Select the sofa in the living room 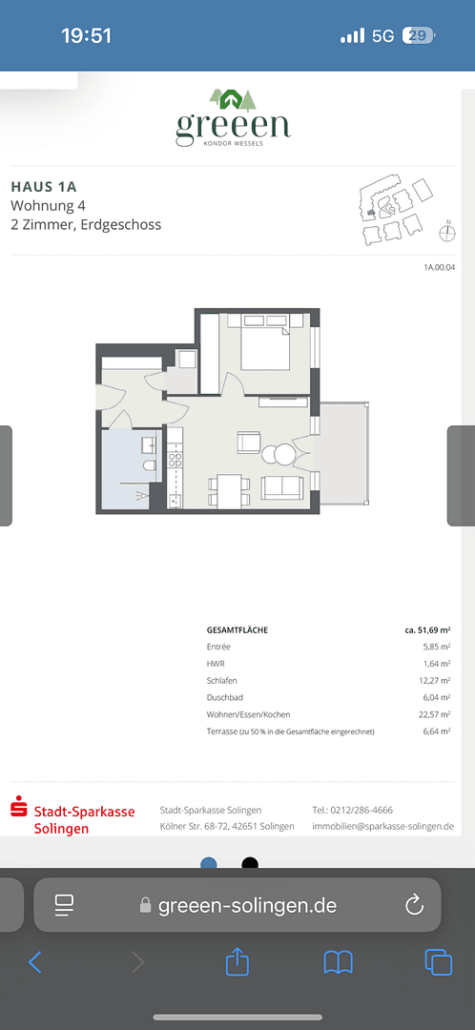[x=283, y=486]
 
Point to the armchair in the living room [x=249, y=442]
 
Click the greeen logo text [x=234, y=125]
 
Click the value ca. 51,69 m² [x=427, y=630]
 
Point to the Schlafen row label [x=223, y=681]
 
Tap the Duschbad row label [x=226, y=698]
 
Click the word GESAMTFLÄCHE [x=237, y=630]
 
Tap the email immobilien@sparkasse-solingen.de [x=382, y=826]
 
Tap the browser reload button [x=414, y=905]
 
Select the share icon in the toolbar [x=237, y=962]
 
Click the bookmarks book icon [x=338, y=962]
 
